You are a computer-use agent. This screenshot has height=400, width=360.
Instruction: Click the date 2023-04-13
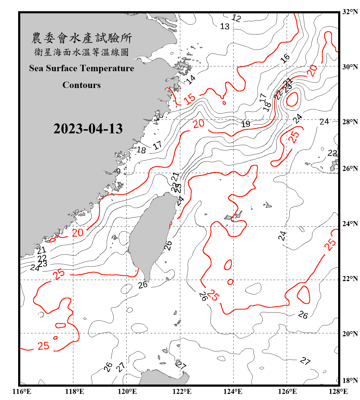[x=88, y=129]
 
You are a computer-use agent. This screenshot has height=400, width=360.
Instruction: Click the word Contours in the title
[x=82, y=85]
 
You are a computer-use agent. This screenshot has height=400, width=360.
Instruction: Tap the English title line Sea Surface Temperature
[x=82, y=68]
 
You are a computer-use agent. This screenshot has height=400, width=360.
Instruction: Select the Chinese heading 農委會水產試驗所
[x=82, y=38]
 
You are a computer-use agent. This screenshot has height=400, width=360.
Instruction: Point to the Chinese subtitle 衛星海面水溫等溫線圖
[x=82, y=52]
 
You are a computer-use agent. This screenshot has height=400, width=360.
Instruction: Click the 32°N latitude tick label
[x=350, y=12]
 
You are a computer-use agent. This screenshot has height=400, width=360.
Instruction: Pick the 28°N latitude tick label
[x=350, y=122]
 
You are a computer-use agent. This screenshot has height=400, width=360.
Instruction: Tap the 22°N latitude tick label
[x=350, y=279]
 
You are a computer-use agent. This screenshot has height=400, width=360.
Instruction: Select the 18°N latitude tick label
[x=350, y=381]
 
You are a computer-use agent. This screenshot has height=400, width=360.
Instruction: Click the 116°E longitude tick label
[x=22, y=391]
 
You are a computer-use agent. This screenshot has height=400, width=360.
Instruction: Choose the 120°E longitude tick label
[x=127, y=391]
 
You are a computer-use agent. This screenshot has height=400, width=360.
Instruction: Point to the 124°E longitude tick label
[x=233, y=391]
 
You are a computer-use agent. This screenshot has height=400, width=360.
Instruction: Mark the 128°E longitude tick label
[x=338, y=391]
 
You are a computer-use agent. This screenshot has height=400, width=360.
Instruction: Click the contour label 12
[x=236, y=18]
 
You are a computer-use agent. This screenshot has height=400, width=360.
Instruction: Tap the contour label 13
[x=225, y=26]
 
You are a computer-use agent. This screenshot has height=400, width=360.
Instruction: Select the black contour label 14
[x=191, y=79]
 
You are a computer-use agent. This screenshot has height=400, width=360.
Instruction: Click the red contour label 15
[x=190, y=99]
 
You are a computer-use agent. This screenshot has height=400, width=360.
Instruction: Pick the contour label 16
[x=285, y=58]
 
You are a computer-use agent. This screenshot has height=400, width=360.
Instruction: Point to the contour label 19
[x=246, y=124]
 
